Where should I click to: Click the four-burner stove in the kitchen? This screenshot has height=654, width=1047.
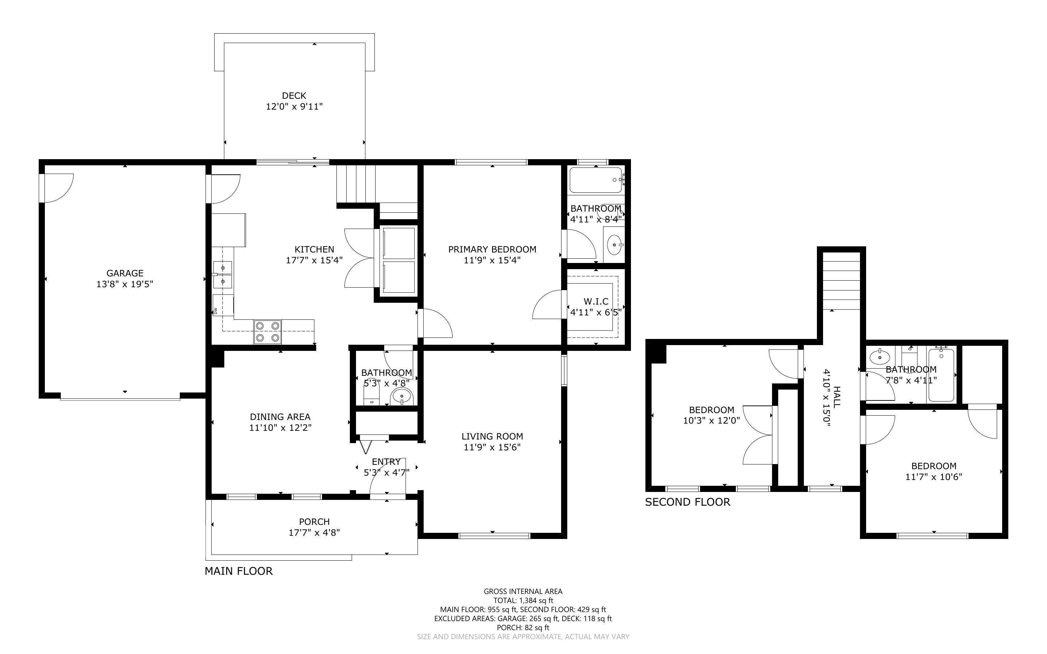pyautogui.click(x=268, y=332)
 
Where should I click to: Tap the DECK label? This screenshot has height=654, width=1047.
pyautogui.click(x=294, y=95)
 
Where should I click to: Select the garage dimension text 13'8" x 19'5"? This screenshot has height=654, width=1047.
pyautogui.click(x=124, y=284)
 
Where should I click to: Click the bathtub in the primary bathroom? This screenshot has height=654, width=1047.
pyautogui.click(x=595, y=180)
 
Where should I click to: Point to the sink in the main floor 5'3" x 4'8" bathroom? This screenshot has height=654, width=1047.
pyautogui.click(x=402, y=396)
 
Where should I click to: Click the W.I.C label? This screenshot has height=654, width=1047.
pyautogui.click(x=596, y=301)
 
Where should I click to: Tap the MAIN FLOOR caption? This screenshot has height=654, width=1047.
pyautogui.click(x=239, y=571)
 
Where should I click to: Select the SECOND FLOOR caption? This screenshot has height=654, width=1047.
pyautogui.click(x=688, y=502)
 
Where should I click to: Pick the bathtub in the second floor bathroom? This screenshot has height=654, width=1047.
pyautogui.click(x=941, y=375)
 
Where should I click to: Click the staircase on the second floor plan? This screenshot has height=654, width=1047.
pyautogui.click(x=841, y=281)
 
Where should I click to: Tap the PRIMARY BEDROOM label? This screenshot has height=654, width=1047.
pyautogui.click(x=492, y=249)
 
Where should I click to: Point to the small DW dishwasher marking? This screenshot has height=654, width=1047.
pyautogui.click(x=215, y=311)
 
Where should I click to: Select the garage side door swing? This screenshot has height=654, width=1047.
pyautogui.click(x=58, y=188)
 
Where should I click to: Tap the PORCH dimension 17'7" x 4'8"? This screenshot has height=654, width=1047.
pyautogui.click(x=314, y=532)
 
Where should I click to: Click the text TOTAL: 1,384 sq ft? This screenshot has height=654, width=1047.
pyautogui.click(x=523, y=600)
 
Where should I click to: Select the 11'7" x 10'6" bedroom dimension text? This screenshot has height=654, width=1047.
pyautogui.click(x=934, y=477)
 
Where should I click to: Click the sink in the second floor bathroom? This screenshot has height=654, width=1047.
pyautogui.click(x=879, y=357)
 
